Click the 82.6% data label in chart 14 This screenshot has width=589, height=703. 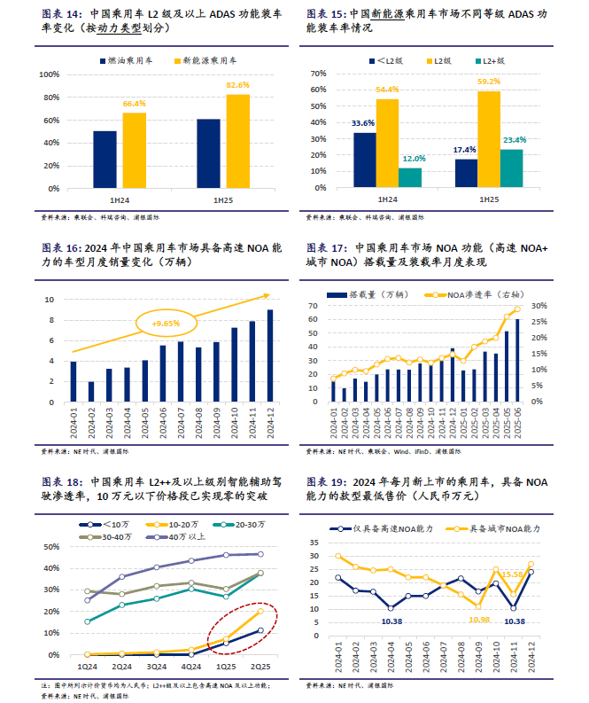pos(237,85)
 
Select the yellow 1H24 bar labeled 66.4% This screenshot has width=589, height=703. pos(135,151)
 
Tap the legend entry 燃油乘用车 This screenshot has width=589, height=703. pos(121,60)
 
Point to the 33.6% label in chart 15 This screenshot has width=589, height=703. pos(363,123)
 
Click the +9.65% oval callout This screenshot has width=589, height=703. pos(166,324)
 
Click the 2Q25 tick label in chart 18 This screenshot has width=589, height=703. pos(260,665)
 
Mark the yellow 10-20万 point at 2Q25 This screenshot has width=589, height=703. pos(260,611)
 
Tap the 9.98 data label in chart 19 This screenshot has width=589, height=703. pos(478,618)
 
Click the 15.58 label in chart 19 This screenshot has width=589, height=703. pos(513,574)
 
